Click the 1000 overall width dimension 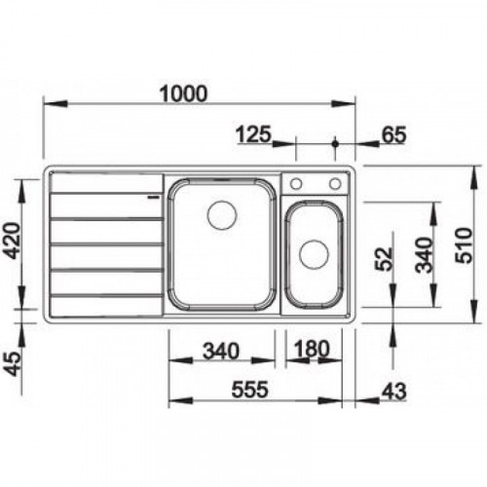[183, 94]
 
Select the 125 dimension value [253, 134]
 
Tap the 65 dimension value [393, 135]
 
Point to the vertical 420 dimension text [14, 241]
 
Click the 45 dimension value [14, 364]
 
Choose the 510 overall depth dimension [464, 245]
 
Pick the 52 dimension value [384, 259]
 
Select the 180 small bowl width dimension [312, 349]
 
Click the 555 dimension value [249, 390]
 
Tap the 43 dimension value [393, 392]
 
